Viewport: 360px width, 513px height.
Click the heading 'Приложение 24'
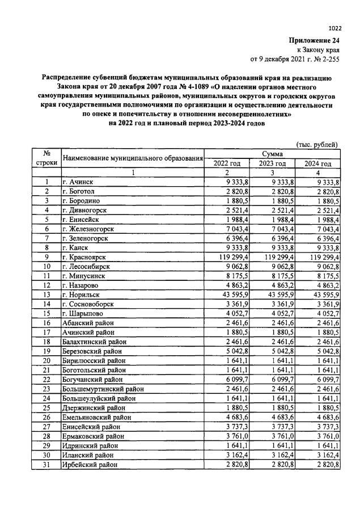click(314, 41)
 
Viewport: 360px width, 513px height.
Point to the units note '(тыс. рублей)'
click(317, 145)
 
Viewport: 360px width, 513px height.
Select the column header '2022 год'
click(227, 163)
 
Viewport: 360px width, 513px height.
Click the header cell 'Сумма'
click(272, 154)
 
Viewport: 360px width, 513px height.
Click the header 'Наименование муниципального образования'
click(133, 158)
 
